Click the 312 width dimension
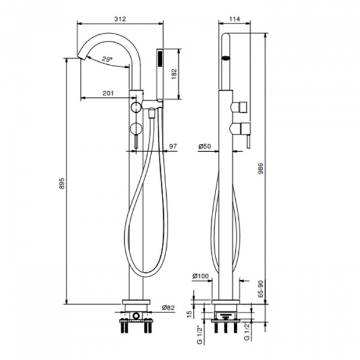(120, 19)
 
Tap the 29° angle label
(107, 59)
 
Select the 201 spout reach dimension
(108, 93)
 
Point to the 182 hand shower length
(174, 74)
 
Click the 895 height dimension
(62, 183)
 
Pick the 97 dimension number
(173, 146)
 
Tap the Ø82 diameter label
(168, 307)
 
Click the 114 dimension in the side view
(235, 19)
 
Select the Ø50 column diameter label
(205, 146)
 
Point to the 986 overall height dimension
(260, 169)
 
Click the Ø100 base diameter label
(200, 276)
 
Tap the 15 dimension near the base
(189, 314)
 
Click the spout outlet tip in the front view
(82, 56)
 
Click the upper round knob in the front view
(136, 107)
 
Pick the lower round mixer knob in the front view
(136, 128)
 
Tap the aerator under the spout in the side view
(226, 58)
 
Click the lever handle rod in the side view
(248, 142)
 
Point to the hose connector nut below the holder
(151, 113)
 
